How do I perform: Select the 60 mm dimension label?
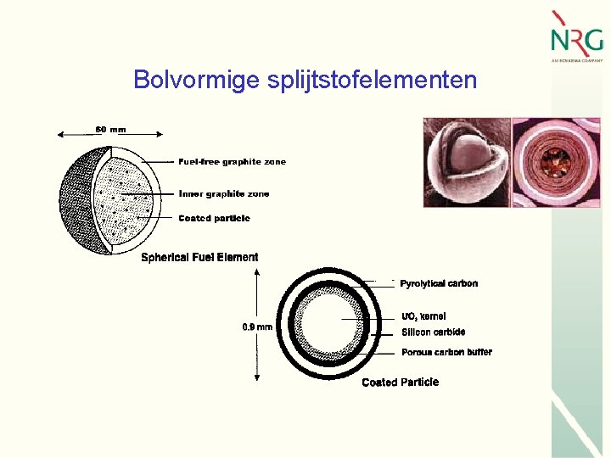point(110,130)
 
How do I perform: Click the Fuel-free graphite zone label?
point(232,161)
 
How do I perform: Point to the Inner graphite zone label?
point(224,193)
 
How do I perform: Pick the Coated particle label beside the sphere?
point(214,218)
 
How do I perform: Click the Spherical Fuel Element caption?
point(199,257)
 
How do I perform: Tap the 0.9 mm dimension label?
point(257,327)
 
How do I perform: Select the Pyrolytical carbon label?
point(439,283)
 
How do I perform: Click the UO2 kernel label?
point(423,316)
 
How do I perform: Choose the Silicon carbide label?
point(433,332)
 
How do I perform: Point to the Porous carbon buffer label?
point(446,352)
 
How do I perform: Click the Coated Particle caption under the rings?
point(400,383)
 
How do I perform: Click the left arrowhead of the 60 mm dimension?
point(59,133)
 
